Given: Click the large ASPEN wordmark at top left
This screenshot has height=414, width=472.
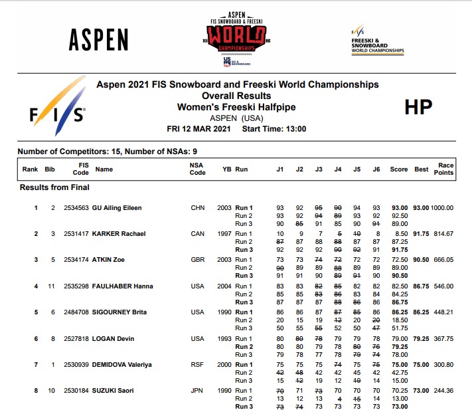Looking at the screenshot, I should coord(98,40).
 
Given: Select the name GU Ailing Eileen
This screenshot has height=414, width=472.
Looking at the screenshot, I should coord(116,208).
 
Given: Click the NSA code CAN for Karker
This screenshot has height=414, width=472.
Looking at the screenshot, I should coord(197,234).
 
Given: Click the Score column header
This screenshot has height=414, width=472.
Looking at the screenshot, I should coord(399,169).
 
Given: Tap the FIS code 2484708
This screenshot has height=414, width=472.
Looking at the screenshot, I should coord(76,312).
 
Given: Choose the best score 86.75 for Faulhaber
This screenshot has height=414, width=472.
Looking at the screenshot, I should coord(421,286).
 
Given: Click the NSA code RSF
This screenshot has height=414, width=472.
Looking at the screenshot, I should coord(197,365).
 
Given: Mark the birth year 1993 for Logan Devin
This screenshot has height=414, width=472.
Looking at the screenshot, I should coord(224,339).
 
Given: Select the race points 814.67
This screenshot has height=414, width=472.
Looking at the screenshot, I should coord(443,234).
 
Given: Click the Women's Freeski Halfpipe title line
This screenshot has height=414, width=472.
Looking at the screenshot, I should coord(236,107).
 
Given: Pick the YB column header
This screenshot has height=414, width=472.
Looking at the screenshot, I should coord(226,169).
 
